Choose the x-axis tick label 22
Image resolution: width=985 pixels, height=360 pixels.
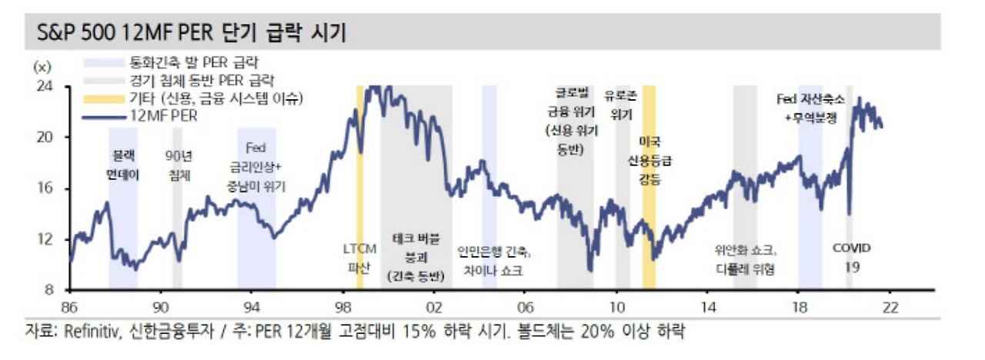(890, 305)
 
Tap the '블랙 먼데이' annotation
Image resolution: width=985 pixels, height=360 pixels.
(123, 165)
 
